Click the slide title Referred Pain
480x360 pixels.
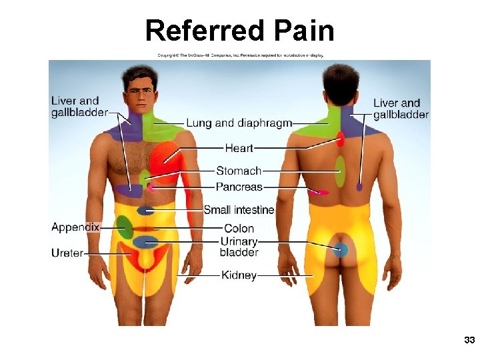tap(239, 31)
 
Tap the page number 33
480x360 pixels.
tap(469, 341)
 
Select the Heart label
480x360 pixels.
tap(239, 147)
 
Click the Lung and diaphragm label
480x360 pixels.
tap(239, 123)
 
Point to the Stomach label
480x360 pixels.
tap(239, 171)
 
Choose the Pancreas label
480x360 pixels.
tap(239, 187)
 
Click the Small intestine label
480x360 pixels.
tap(239, 210)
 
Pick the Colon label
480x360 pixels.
tap(239, 229)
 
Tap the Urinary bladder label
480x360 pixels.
tap(239, 247)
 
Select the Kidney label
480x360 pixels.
tap(239, 275)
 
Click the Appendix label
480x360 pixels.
tap(75, 227)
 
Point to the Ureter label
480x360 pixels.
tap(67, 253)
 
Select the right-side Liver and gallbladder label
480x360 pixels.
tap(401, 109)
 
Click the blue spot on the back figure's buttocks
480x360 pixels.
tap(341, 251)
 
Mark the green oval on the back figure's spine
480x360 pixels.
tap(340, 171)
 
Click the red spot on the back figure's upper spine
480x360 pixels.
tap(340, 139)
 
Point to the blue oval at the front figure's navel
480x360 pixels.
tap(145, 211)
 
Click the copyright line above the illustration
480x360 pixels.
tap(240, 55)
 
